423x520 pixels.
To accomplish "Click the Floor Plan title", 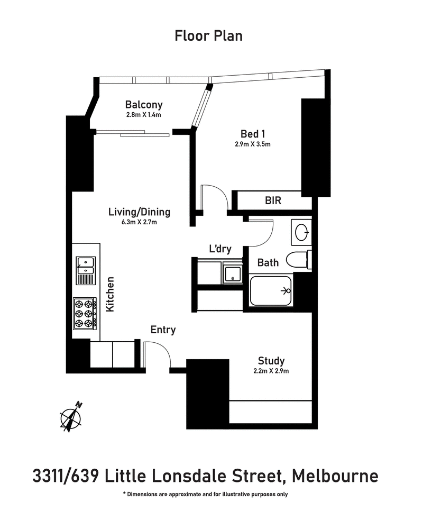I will click(x=208, y=36).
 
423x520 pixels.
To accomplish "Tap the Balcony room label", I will click(x=144, y=104).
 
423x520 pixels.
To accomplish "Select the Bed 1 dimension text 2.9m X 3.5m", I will click(x=253, y=144).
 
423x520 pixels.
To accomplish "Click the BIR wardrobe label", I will click(x=273, y=200).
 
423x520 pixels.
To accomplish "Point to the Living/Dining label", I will click(x=139, y=212).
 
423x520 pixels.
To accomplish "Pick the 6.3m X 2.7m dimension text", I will click(x=139, y=222).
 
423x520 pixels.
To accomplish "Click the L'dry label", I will click(x=220, y=249).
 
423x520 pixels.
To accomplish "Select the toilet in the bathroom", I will click(x=297, y=260).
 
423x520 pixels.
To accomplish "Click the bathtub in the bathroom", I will click(x=270, y=290).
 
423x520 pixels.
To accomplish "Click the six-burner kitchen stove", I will click(x=85, y=312).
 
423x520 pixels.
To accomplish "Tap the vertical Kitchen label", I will click(x=111, y=294).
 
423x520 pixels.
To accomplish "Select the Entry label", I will click(x=163, y=330).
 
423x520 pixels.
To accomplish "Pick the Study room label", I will click(x=271, y=361).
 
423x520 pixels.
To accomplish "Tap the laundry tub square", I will click(x=232, y=274).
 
